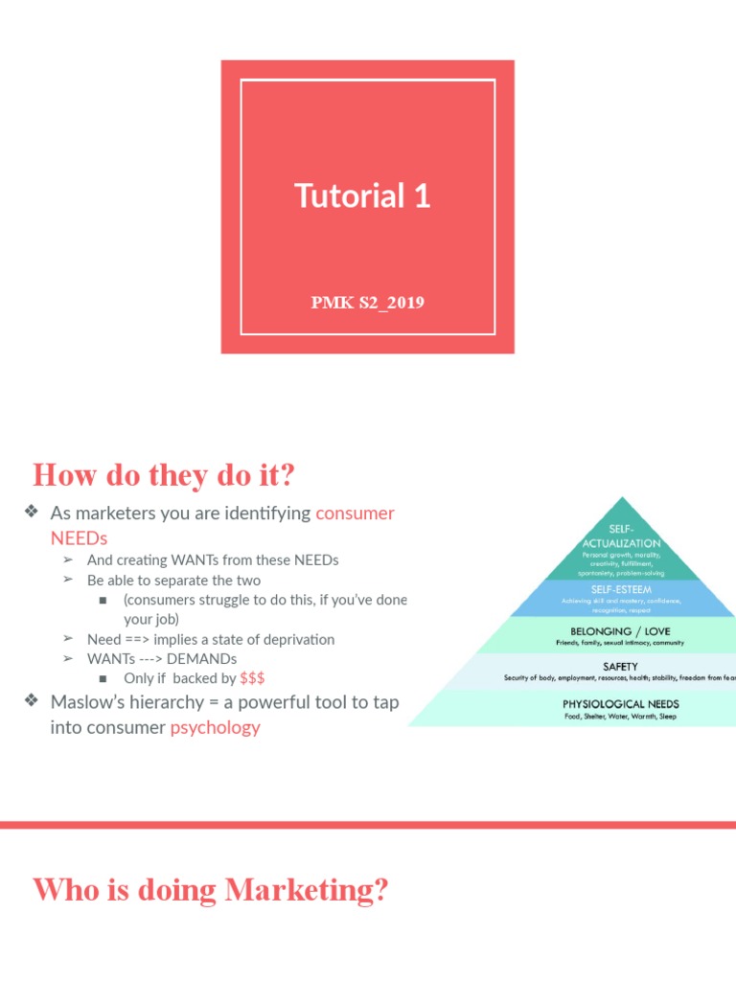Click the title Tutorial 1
(362, 196)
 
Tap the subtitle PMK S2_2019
(367, 303)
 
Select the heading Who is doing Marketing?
(211, 890)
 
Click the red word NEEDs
(79, 537)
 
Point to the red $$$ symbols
(252, 678)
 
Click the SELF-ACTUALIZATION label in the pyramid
(621, 536)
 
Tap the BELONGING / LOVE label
(621, 631)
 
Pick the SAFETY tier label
(621, 666)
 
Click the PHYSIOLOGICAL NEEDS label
(621, 704)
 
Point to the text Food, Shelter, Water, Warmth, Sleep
(621, 717)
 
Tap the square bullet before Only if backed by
(103, 678)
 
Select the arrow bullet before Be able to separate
(68, 581)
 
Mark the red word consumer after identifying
(355, 513)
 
